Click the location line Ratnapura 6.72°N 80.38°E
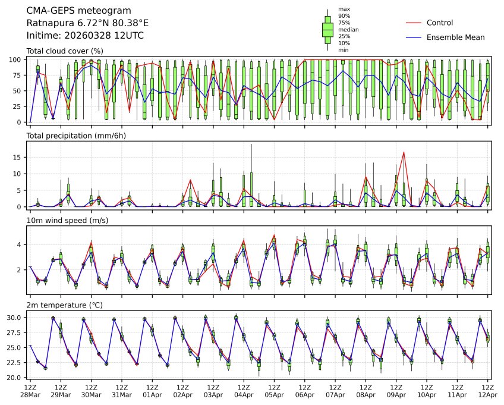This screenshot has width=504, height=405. (87, 23)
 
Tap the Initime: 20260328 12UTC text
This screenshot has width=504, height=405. (85, 35)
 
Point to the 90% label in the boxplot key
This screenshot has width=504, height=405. (344, 16)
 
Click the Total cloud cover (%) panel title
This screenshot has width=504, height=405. (65, 51)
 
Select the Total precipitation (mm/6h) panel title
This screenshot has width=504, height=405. (76, 136)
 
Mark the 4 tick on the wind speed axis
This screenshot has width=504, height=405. (20, 244)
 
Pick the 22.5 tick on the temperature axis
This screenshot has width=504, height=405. (15, 363)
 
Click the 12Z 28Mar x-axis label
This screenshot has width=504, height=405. (30, 391)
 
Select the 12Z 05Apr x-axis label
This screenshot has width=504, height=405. (274, 391)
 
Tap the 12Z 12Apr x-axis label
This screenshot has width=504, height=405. (487, 391)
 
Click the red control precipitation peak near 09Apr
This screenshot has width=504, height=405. (404, 152)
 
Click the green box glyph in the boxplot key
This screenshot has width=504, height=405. (327, 29)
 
